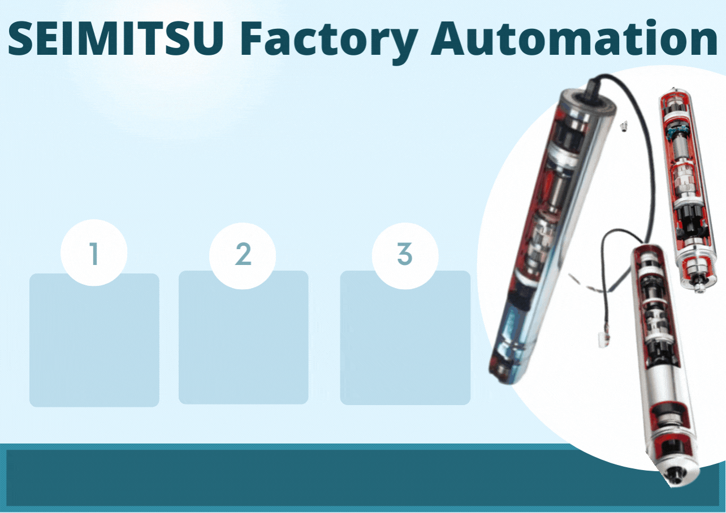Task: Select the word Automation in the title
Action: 574,38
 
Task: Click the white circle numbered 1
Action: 94,253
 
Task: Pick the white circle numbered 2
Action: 243,256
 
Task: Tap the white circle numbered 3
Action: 405,256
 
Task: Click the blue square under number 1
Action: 94,340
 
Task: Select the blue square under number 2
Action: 243,337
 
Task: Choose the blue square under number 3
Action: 405,338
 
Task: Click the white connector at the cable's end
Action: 603,341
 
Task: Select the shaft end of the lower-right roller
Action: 681,479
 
